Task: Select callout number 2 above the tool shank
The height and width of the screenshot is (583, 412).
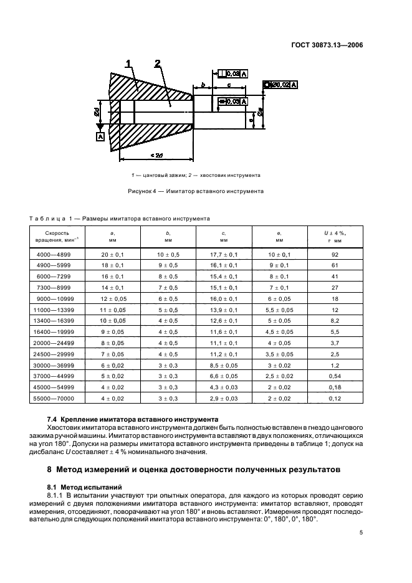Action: coord(158,63)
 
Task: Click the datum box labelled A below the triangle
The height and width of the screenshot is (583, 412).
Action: coord(99,136)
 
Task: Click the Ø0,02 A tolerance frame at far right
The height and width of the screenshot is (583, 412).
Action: coord(280,84)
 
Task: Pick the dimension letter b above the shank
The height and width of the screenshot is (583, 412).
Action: coord(203,85)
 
